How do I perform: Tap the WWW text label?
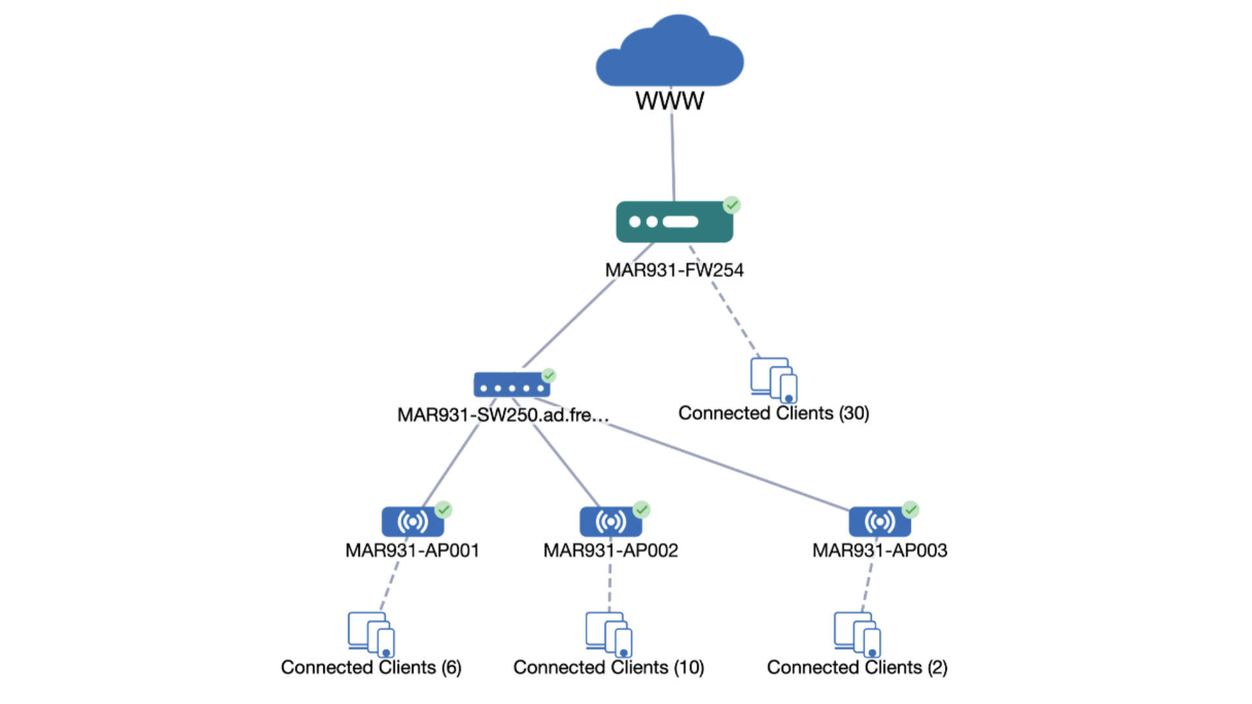pos(670,101)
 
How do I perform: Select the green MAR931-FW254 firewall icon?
pos(674,222)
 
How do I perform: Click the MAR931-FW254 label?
pos(674,270)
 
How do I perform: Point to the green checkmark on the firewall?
pos(732,205)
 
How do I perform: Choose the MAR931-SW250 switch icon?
pos(511,385)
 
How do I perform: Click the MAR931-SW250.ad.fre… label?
pos(503,415)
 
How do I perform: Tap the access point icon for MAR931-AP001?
pos(413,521)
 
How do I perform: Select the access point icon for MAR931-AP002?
pos(610,521)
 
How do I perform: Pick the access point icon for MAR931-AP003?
pos(880,521)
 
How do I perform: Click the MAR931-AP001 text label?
pos(412,551)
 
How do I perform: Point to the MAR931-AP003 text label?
pos(880,551)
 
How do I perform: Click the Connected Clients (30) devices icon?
pos(774,379)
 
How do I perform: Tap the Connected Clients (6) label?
pos(371,667)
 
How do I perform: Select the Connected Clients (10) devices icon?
pos(609,634)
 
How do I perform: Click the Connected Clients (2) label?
pos(857,667)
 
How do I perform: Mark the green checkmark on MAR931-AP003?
pos(910,510)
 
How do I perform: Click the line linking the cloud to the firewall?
pos(673,156)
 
